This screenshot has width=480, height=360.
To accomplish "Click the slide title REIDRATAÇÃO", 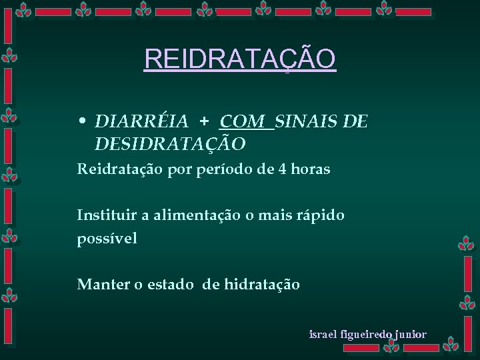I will tap(240, 59).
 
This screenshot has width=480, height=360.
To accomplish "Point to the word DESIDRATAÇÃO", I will tap(171, 143).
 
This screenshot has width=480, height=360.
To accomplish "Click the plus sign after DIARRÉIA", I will tap(204, 121).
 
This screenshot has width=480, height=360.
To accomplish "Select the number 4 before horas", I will tap(285, 169).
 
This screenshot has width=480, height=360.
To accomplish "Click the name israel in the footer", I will tap(324, 334).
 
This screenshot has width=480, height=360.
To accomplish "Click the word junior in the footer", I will tap(410, 334).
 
